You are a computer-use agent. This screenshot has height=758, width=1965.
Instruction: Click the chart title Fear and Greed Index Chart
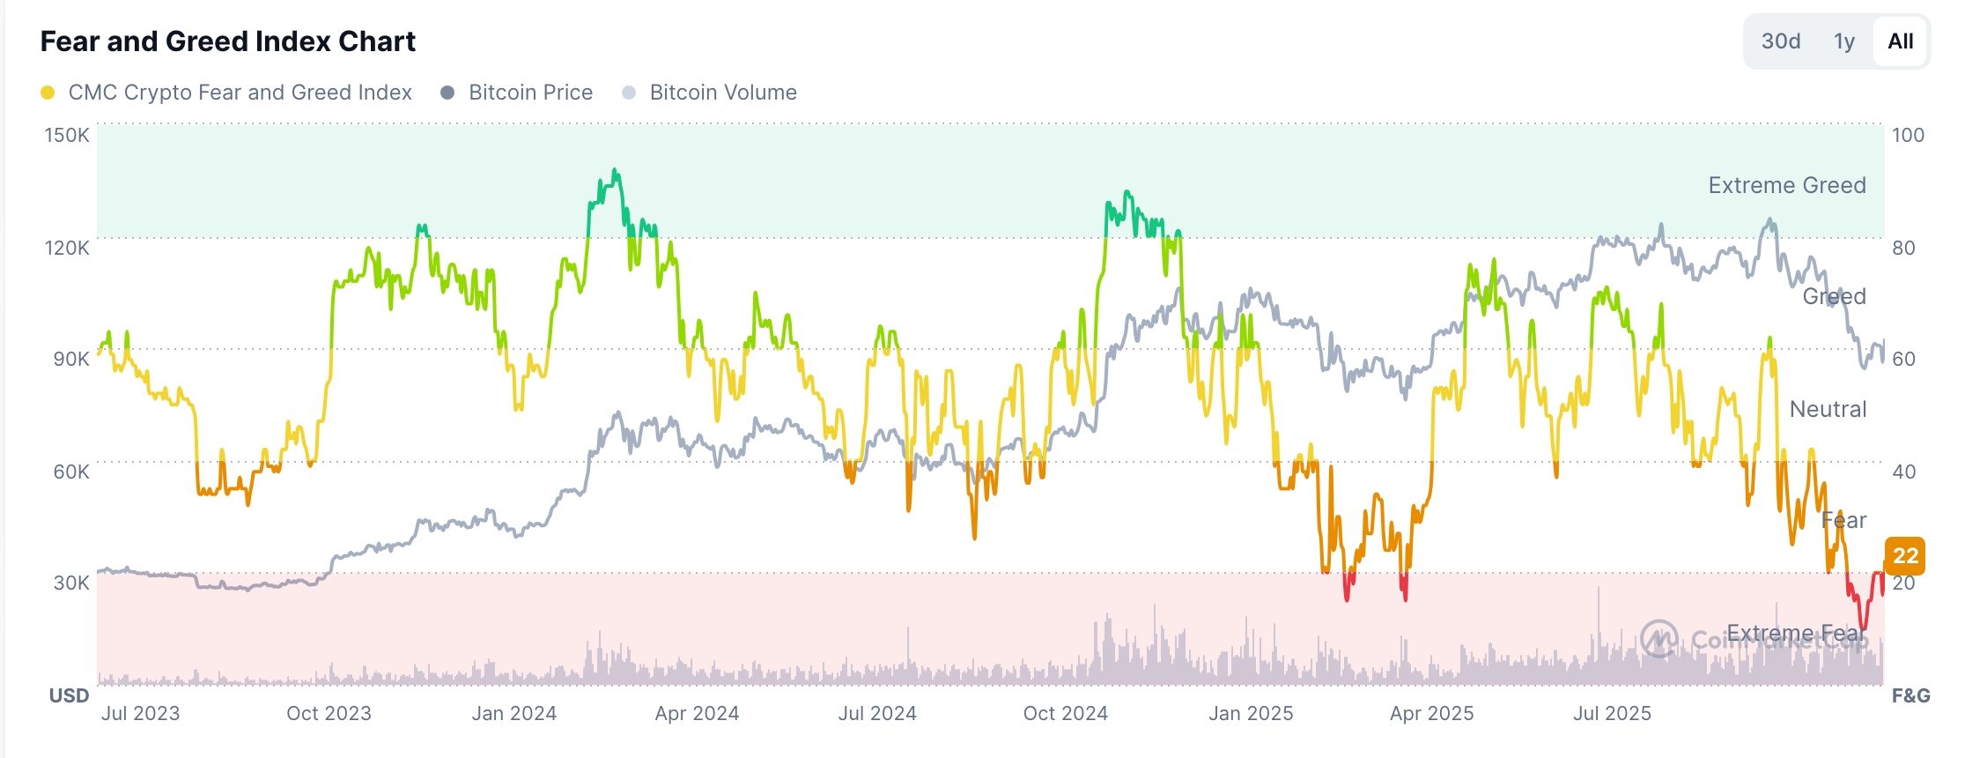227,41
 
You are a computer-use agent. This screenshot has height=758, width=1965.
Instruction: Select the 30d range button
1780,41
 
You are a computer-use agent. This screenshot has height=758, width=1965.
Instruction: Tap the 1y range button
1843,41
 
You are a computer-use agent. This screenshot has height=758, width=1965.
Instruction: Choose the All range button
1900,41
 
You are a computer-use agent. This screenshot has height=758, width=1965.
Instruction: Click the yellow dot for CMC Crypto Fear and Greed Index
48,93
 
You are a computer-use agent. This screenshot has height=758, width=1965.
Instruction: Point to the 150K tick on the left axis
67,135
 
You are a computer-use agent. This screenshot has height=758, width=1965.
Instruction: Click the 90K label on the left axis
70,359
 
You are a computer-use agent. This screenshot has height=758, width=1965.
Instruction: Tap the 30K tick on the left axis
70,583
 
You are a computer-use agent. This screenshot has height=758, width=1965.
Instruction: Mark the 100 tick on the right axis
1908,135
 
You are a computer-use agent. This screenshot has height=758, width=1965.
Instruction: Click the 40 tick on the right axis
1903,472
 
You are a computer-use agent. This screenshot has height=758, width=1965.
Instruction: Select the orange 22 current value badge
1905,555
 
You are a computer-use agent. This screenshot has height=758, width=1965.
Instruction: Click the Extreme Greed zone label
1786,185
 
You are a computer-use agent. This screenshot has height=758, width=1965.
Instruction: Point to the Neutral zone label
1828,409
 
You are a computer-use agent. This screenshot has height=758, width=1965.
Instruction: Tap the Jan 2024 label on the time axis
513,713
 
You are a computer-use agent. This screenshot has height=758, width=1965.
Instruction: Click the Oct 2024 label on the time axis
1065,713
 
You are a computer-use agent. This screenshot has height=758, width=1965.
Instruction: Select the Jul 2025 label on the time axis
1612,713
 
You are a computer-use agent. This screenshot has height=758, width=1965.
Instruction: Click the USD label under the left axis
69,695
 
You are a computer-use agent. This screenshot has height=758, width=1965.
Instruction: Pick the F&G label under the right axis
1910,695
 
